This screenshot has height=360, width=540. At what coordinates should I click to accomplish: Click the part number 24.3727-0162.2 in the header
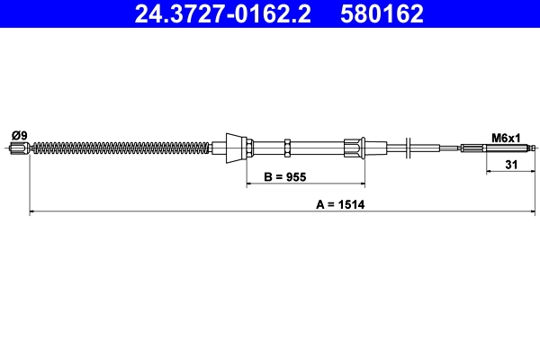(225, 13)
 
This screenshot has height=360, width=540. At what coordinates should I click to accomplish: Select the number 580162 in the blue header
(381, 13)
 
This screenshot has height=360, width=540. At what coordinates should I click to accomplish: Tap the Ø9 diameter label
(19, 135)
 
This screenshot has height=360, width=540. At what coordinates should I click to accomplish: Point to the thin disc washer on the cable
(409, 148)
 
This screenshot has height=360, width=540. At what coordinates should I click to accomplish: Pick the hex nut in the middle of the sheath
(286, 148)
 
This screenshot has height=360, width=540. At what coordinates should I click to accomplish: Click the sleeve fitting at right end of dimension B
(354, 148)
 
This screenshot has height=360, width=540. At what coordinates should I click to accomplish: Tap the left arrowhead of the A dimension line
(34, 212)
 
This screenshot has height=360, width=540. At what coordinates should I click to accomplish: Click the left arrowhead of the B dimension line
(250, 185)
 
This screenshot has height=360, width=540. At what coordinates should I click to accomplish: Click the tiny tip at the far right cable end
(535, 148)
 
